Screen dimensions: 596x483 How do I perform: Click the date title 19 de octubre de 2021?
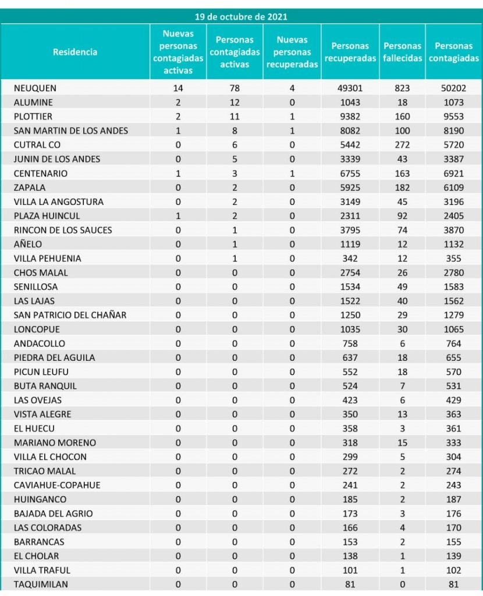241,17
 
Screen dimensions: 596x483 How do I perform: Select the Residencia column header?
75,52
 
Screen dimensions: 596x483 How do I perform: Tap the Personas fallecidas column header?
403,52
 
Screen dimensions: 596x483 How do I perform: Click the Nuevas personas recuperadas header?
292,52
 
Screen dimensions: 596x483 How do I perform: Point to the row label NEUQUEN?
37,88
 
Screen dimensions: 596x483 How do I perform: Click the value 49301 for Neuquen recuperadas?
350,88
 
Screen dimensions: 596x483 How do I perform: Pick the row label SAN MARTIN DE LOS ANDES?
71,131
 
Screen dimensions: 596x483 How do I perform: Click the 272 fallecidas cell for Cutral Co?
402,145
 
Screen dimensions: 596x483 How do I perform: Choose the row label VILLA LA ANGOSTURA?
59,202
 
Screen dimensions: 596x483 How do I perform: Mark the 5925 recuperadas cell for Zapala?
350,187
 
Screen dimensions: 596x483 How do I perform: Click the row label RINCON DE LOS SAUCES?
63,230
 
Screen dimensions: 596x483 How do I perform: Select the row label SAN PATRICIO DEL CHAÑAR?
70,315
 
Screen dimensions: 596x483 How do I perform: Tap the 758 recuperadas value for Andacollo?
350,343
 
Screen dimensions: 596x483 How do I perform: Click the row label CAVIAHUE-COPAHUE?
57,485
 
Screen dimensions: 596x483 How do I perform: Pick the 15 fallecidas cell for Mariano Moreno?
402,443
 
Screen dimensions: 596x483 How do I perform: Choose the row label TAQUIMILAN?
41,584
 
